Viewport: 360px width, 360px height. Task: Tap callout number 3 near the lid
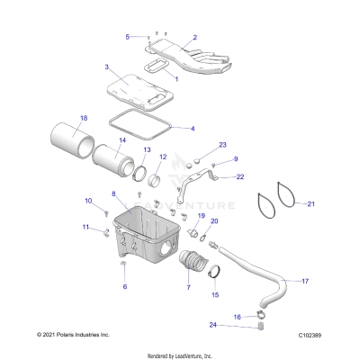pyautogui.click(x=106, y=67)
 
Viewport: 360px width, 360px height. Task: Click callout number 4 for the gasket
pyautogui.click(x=193, y=129)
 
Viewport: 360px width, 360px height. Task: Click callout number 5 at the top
pyautogui.click(x=128, y=37)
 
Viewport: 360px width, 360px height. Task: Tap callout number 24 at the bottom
pyautogui.click(x=211, y=325)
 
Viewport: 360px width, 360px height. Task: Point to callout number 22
pyautogui.click(x=240, y=177)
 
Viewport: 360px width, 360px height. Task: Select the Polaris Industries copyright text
pyautogui.click(x=66, y=334)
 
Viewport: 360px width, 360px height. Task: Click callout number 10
pyautogui.click(x=88, y=201)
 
